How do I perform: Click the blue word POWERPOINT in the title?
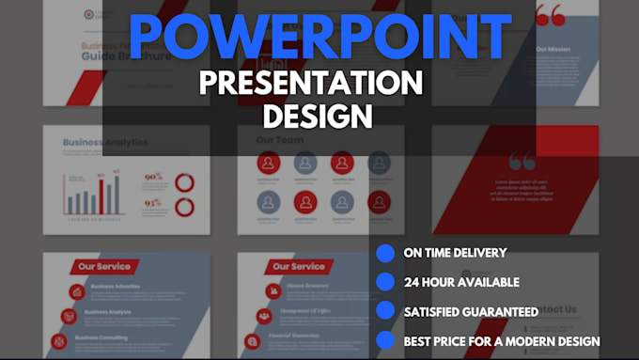(319, 38)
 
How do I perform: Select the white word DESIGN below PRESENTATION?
(318, 117)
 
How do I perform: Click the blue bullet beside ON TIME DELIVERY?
(385, 253)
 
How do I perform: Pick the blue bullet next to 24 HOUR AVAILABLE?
(385, 282)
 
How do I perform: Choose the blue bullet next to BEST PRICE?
(385, 340)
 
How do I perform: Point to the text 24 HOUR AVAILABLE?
(460, 282)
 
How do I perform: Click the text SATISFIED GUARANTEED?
(471, 311)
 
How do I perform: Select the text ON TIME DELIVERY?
(455, 253)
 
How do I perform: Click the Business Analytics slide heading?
(105, 143)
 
